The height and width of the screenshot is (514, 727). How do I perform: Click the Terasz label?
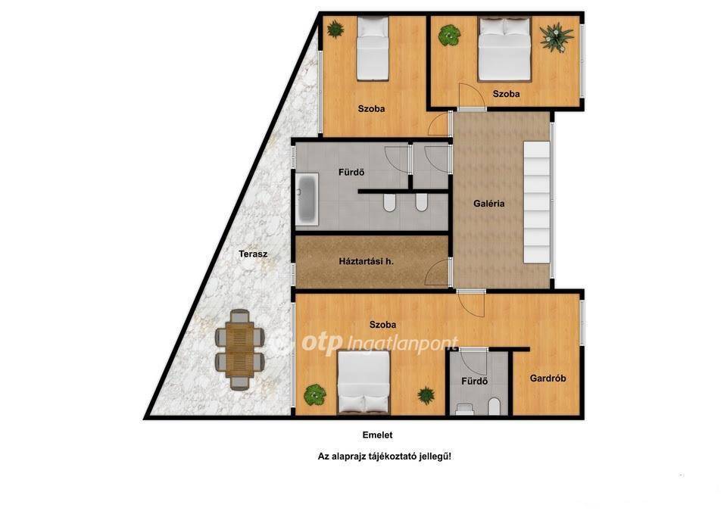[253, 254]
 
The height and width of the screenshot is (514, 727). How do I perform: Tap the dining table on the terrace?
[240, 350]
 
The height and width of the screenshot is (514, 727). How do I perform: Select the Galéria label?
[488, 204]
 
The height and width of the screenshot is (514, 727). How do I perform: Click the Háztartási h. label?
[366, 261]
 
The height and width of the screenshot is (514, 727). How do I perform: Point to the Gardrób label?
[548, 378]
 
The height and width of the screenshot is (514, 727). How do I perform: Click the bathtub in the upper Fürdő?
[307, 199]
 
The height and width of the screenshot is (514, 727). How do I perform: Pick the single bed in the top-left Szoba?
[373, 48]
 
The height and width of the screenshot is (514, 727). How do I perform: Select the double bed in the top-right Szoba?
[504, 49]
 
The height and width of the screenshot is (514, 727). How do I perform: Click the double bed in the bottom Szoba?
[364, 382]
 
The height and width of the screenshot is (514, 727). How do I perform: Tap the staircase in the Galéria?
[536, 202]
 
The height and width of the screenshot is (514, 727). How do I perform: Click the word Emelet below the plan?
[377, 435]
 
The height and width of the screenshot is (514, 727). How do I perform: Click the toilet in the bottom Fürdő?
[495, 407]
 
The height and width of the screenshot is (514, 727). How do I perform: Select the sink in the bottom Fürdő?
[463, 409]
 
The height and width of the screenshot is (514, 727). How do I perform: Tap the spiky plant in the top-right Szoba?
[557, 36]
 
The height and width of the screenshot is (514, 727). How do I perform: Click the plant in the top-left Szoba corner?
[335, 30]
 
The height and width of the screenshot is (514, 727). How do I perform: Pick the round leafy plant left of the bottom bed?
[315, 395]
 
